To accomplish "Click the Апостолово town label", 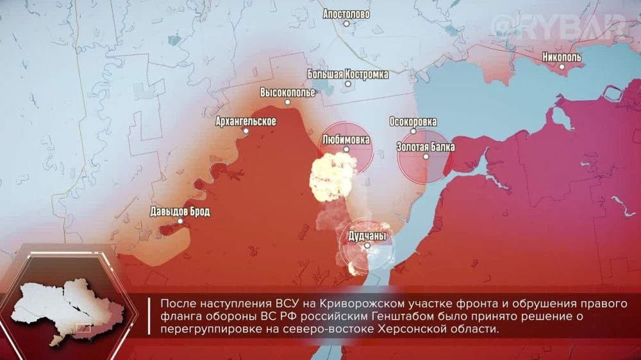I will [x=347, y=13].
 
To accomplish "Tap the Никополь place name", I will [x=562, y=56].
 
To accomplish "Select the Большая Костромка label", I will [x=348, y=74].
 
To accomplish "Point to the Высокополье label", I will [x=287, y=92].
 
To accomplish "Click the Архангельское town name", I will [x=246, y=121].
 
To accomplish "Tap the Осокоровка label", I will [x=413, y=122].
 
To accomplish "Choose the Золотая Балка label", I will [x=426, y=147].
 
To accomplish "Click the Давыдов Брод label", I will [x=179, y=211].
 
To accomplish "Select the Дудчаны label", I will [x=367, y=236].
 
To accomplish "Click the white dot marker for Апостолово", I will [x=347, y=23].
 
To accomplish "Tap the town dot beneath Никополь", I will [x=562, y=66].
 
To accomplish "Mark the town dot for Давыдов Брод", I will [x=180, y=221].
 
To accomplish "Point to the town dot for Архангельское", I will [x=246, y=131].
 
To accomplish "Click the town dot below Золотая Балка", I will [x=426, y=156].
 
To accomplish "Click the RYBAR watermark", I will [x=559, y=27].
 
